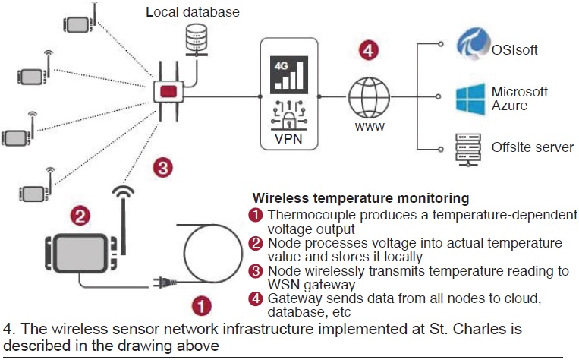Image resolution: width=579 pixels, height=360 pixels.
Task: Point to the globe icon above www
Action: click(368, 96)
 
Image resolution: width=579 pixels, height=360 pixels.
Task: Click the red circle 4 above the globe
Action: click(368, 52)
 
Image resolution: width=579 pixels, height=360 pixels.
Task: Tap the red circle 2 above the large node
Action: click(81, 215)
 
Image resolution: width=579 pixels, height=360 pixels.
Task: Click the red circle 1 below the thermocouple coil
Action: click(200, 305)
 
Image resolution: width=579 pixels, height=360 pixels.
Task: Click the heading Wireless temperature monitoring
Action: click(360, 199)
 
